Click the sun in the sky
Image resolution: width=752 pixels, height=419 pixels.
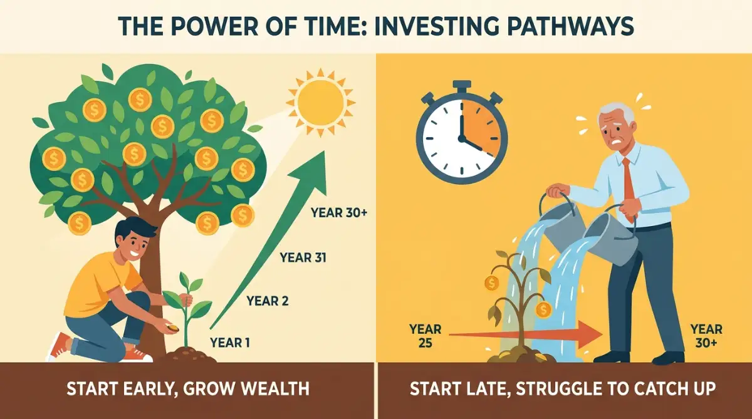[x=321, y=102]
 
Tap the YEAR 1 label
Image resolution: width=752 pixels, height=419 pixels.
[x=230, y=343]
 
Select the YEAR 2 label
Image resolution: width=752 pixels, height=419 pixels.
[x=268, y=301]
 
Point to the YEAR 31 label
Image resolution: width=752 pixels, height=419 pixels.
[x=303, y=257]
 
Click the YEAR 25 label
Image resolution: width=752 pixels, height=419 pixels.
[x=425, y=336]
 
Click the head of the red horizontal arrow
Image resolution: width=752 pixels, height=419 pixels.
[x=588, y=334]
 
